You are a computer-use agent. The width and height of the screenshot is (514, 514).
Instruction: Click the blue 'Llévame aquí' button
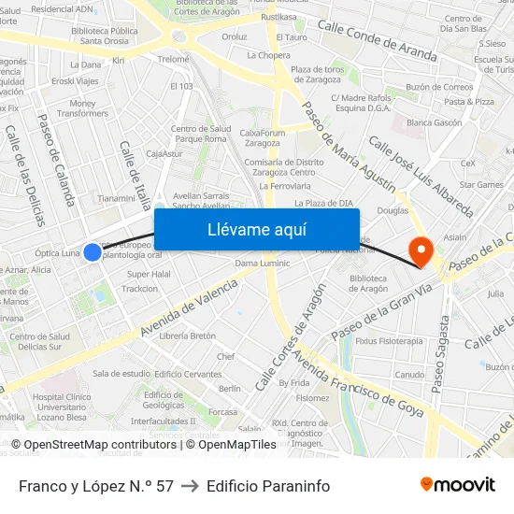[256, 229]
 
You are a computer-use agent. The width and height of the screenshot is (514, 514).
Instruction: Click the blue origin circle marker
[93, 251]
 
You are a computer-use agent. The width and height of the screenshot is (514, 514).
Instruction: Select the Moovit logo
[458, 485]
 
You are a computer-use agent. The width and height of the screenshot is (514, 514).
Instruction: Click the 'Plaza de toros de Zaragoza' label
[318, 75]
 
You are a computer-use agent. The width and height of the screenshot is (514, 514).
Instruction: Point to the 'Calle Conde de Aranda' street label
[377, 43]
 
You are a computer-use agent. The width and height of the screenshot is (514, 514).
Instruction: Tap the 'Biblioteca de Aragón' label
[368, 283]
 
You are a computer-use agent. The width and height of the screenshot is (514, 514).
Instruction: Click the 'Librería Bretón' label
[187, 336]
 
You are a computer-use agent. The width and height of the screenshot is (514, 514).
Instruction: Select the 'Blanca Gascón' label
[435, 122]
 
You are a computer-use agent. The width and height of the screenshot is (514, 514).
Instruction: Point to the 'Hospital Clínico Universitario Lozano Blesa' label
[60, 407]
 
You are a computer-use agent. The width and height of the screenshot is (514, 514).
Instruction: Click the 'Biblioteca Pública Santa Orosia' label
[104, 36]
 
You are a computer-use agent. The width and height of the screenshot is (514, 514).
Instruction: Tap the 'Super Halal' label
[149, 274]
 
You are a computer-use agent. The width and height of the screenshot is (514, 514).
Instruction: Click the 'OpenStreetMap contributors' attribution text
[101, 445]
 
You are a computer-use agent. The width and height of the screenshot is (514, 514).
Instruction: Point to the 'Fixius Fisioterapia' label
[389, 341]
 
